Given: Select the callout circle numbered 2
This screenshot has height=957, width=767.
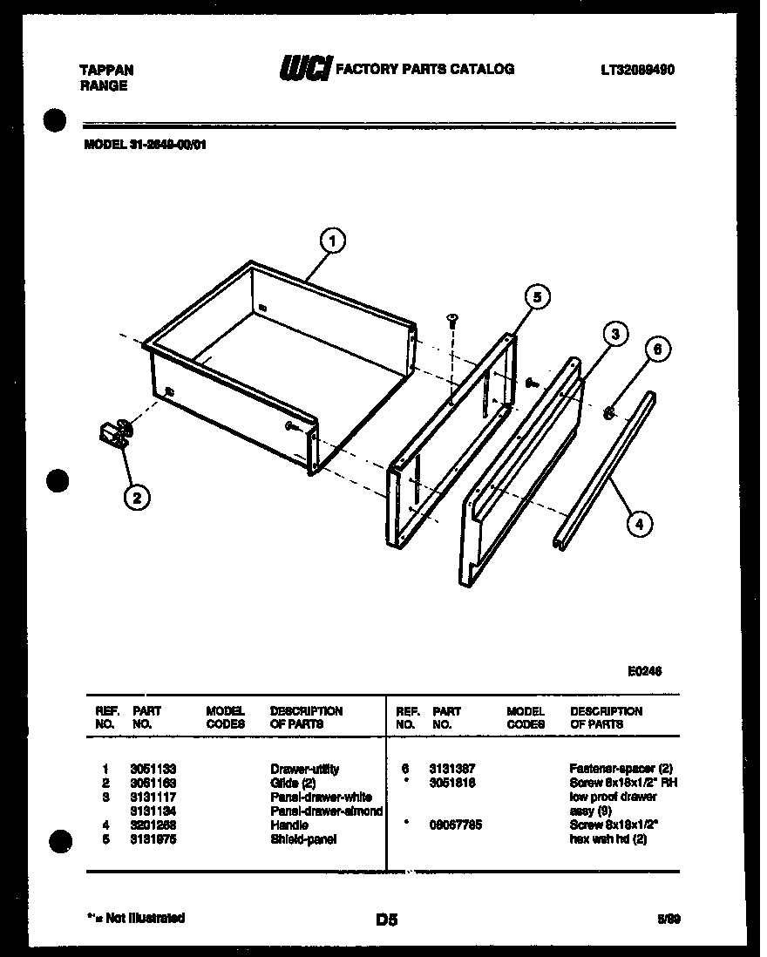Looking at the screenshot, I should point(134,498).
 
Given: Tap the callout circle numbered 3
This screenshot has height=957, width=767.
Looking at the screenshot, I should point(614,334).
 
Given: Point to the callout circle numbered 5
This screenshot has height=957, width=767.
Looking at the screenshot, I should point(537,298).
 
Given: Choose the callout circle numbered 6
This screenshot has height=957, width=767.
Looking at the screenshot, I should point(658,350).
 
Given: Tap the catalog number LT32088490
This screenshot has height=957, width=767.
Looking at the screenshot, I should point(637,70).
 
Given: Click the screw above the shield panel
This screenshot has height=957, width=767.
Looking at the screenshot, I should point(452,320).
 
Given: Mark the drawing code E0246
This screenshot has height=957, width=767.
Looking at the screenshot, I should point(644,671).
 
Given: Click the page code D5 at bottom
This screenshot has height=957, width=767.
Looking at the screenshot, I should point(386,919).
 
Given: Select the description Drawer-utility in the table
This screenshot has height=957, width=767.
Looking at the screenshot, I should point(304,769).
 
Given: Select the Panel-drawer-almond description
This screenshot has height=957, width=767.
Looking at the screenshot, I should point(326,811).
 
